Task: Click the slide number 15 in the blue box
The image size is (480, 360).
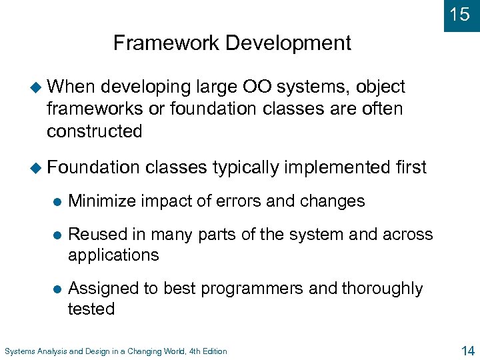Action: pos(459,14)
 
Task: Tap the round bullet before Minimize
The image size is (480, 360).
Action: pos(57,201)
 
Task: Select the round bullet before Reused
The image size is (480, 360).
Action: pos(57,235)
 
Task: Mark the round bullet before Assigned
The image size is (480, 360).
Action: pos(57,289)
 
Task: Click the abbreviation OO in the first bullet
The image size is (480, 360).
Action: pos(257,87)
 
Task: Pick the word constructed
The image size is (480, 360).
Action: pos(94,131)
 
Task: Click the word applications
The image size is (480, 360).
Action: pos(113,255)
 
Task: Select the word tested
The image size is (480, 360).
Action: pos(91,309)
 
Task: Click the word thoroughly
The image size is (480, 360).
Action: pos(382,289)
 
